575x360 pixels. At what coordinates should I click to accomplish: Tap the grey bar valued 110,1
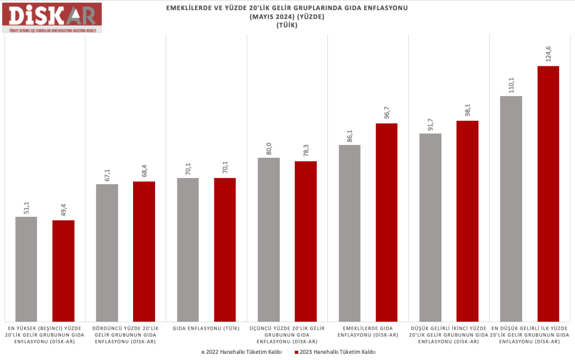click(x=511, y=208)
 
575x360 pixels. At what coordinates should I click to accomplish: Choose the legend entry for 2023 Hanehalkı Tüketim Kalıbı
click(x=334, y=352)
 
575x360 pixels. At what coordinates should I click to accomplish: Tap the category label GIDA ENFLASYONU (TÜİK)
click(x=206, y=328)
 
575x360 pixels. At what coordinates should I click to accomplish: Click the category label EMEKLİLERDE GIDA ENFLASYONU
click(x=368, y=331)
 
